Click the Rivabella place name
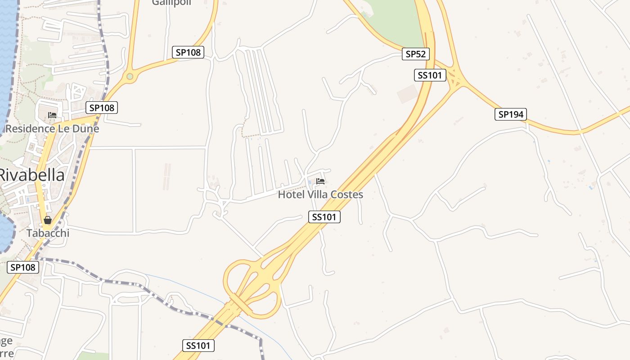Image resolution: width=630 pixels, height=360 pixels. point(31,175)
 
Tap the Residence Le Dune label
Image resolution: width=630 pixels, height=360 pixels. point(52,129)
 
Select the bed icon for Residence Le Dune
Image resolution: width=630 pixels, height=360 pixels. point(52,115)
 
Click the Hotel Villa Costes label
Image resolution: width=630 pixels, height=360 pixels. point(320,195)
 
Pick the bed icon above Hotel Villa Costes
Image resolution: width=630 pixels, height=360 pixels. point(320,181)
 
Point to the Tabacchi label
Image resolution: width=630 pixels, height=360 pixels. point(48,233)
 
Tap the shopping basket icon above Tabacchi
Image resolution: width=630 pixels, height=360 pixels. point(48,220)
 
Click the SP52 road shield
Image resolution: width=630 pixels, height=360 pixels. point(416,54)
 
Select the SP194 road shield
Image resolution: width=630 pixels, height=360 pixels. point(511,114)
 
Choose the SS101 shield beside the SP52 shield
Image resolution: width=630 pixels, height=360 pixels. point(430,75)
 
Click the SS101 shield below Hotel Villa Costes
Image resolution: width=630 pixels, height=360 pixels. point(324,217)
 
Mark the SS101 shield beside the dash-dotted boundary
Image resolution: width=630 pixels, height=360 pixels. point(198,346)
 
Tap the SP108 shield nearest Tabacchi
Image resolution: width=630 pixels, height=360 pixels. point(23,267)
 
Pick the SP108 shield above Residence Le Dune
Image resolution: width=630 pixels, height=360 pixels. point(102,108)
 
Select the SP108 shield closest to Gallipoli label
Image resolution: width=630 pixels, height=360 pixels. point(188,52)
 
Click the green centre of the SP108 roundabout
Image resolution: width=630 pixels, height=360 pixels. point(130,77)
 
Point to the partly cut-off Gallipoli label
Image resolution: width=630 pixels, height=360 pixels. point(171,3)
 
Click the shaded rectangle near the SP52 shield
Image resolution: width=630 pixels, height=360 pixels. point(408,94)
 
